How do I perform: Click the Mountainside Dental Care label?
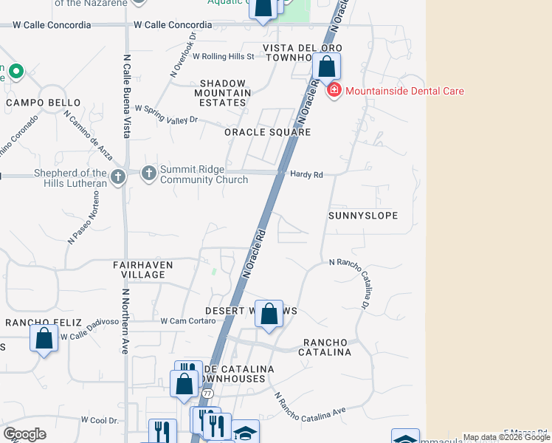[x=404, y=91]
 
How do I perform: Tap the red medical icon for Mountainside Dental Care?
[x=334, y=91]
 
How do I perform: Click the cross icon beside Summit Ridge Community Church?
[x=148, y=173]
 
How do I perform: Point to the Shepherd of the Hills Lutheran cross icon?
[x=118, y=176]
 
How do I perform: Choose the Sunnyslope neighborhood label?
[x=363, y=216]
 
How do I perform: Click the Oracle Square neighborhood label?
[x=268, y=132]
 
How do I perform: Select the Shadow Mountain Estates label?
[x=222, y=93]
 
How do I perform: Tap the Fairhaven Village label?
[x=139, y=269]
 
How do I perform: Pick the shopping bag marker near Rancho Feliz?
[x=44, y=339]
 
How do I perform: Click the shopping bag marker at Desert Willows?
[x=269, y=314]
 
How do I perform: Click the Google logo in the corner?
[x=25, y=434]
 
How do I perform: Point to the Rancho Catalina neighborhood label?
[x=325, y=347]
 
